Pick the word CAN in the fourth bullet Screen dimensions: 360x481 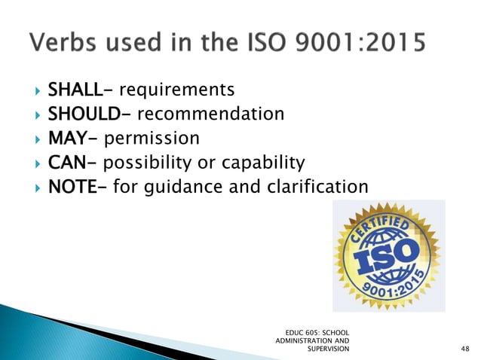point(86,162)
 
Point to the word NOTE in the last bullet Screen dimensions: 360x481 point(90,185)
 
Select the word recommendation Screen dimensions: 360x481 point(210,114)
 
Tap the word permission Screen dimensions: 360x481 point(152,139)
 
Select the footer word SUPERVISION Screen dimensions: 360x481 point(329,349)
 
